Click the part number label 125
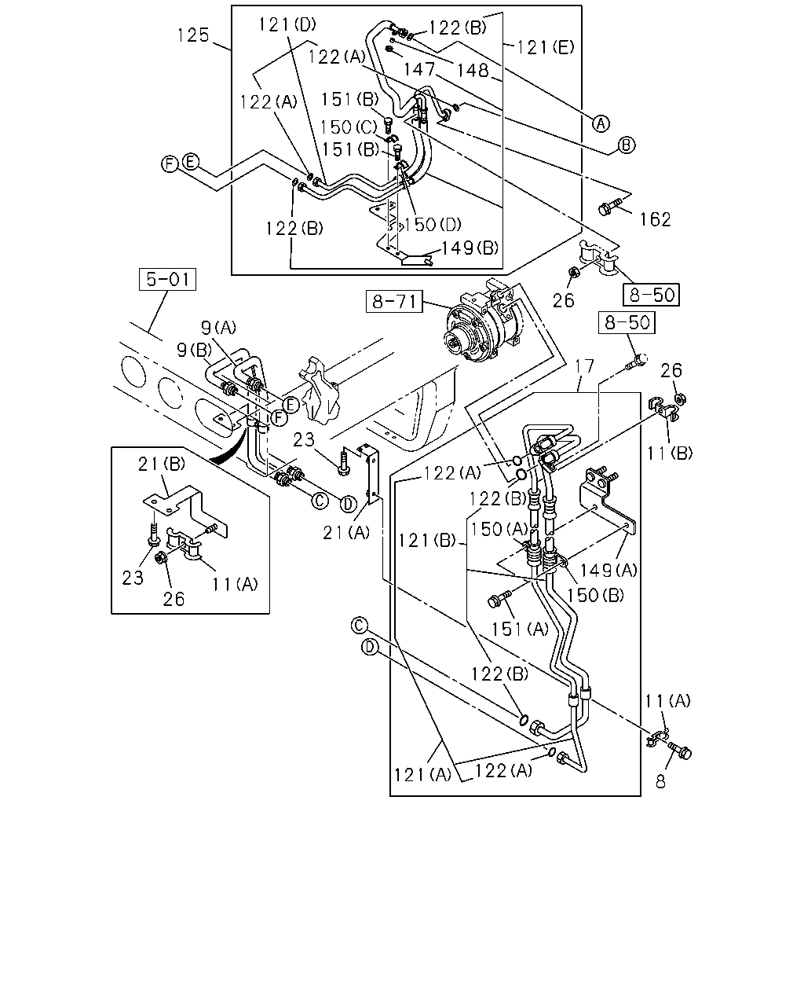point(193,35)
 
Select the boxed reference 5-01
point(168,280)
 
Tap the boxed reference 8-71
point(394,302)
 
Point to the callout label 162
point(655,219)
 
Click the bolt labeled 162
point(609,207)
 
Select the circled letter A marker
point(601,123)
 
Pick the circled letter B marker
point(627,145)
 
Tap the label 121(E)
point(545,47)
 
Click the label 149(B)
point(470,248)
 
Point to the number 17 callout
point(584,366)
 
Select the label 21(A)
point(346,532)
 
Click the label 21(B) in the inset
point(162,464)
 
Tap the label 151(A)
point(520,630)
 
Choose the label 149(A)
point(608,570)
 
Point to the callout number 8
point(660,781)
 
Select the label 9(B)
point(195,350)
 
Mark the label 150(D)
point(433,225)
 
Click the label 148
point(473,71)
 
